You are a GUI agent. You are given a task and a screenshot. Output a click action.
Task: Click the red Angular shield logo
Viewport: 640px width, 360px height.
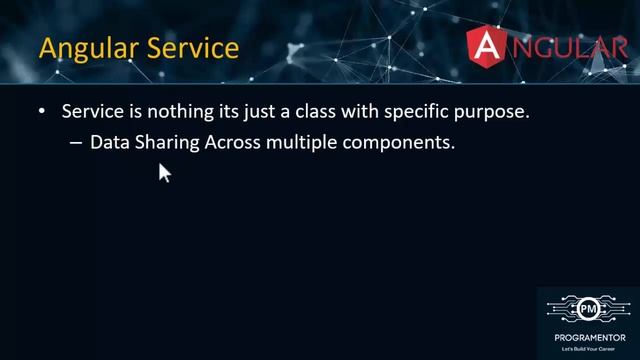pyautogui.click(x=489, y=47)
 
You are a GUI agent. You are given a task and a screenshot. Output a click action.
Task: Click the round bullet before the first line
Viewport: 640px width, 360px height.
pyautogui.click(x=41, y=113)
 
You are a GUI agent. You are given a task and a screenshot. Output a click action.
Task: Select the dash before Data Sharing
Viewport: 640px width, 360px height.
pyautogui.click(x=76, y=143)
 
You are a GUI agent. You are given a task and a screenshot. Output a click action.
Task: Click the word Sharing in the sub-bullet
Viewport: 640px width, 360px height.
pyautogui.click(x=166, y=144)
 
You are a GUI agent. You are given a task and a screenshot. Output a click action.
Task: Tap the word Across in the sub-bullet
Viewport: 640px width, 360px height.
pyautogui.click(x=233, y=143)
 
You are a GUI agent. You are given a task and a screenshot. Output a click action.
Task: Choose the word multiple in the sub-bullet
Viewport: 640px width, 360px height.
pyautogui.click(x=301, y=144)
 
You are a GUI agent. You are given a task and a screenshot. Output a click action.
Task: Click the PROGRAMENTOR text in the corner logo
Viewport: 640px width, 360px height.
pyautogui.click(x=588, y=333)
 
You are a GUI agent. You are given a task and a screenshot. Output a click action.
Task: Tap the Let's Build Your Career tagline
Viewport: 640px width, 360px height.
pyautogui.click(x=588, y=344)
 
